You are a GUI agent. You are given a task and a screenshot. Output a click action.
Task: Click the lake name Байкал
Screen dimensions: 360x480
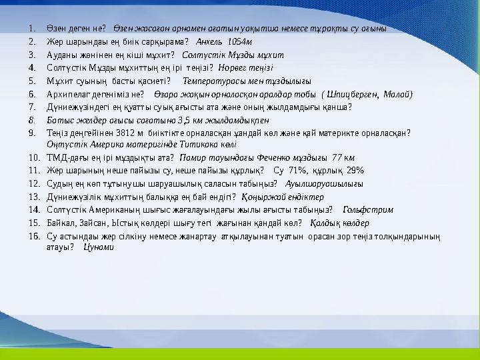point(60,223)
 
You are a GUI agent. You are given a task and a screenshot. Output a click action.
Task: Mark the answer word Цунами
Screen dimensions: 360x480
point(99,247)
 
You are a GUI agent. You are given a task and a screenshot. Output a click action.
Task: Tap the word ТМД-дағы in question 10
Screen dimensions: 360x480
point(66,158)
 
